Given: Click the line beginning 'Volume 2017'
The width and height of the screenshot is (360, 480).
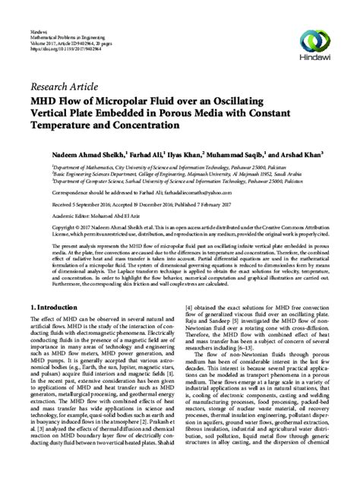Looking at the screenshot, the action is pyautogui.click(x=68, y=21).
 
